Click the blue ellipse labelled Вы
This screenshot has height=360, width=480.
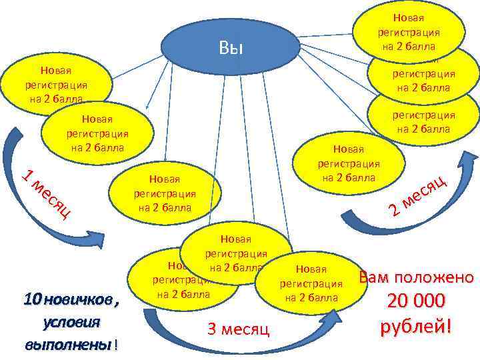click(x=230, y=49)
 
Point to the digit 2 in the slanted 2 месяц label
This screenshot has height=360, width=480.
click(x=395, y=211)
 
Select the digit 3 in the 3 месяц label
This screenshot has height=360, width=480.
click(x=213, y=329)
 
